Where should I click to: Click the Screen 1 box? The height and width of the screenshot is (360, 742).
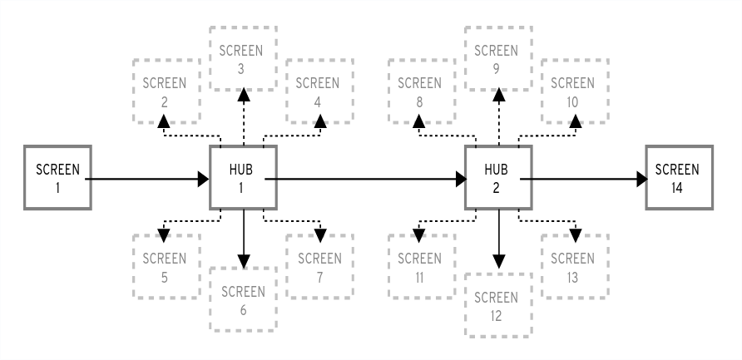tap(57, 178)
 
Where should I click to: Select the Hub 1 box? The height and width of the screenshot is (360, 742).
tap(243, 178)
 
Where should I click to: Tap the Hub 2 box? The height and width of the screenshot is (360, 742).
tap(498, 178)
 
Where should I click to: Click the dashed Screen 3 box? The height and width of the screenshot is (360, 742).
tap(243, 59)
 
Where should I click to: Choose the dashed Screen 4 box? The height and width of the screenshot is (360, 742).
tap(319, 93)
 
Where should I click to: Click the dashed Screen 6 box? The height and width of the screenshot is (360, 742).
tap(243, 301)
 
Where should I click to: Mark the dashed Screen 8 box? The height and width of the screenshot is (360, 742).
tap(422, 93)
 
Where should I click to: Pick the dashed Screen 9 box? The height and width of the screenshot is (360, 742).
tap(498, 59)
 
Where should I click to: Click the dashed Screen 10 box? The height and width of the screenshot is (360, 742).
tap(574, 93)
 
